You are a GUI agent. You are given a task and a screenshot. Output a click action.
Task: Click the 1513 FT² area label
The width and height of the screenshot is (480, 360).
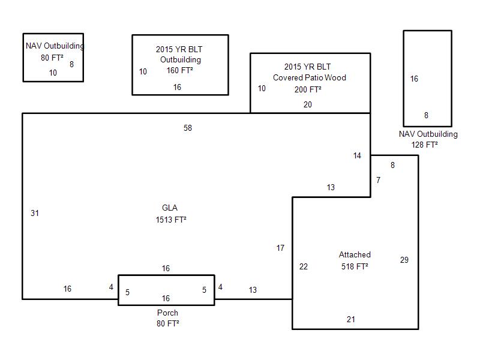(x=171, y=220)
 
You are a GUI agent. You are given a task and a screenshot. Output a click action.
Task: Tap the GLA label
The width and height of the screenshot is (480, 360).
(x=170, y=208)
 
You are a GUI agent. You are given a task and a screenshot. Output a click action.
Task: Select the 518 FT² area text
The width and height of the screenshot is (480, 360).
(x=355, y=266)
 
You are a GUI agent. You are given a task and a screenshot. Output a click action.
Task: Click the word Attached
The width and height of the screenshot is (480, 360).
(x=355, y=255)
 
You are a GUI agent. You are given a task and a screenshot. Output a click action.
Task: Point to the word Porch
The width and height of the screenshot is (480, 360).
(x=167, y=313)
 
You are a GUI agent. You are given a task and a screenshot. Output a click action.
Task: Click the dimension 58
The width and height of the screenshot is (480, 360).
(x=188, y=128)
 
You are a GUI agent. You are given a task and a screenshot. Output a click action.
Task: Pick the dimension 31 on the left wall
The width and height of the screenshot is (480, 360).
(x=35, y=213)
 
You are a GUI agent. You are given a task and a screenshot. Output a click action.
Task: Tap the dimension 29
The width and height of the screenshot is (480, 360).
(x=404, y=260)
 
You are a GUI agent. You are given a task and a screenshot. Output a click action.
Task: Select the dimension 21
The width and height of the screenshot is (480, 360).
(x=351, y=319)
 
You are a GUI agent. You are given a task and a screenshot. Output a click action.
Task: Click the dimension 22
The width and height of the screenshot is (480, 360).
(x=304, y=266)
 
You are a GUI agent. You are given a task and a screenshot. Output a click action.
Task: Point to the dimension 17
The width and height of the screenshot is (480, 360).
(x=280, y=248)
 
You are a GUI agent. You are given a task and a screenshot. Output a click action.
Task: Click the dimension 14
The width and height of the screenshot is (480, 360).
(x=358, y=156)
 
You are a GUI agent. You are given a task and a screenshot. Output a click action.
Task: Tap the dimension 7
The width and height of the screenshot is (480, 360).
(x=378, y=180)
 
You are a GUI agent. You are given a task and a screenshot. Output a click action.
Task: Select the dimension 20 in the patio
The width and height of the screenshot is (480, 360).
(x=308, y=104)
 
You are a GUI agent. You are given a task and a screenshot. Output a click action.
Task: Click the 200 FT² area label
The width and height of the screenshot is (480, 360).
(x=308, y=89)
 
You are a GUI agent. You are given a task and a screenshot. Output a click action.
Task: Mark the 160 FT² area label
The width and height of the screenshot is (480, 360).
(x=180, y=71)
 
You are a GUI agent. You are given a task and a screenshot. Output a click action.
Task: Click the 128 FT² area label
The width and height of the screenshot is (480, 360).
(x=425, y=145)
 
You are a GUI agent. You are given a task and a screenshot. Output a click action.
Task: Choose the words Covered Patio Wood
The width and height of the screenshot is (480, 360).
(x=310, y=77)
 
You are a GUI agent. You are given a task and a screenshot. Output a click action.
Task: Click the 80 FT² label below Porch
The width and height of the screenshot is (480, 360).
(x=168, y=323)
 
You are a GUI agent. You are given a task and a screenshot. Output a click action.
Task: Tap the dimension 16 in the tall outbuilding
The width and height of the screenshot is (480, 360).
(x=414, y=79)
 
